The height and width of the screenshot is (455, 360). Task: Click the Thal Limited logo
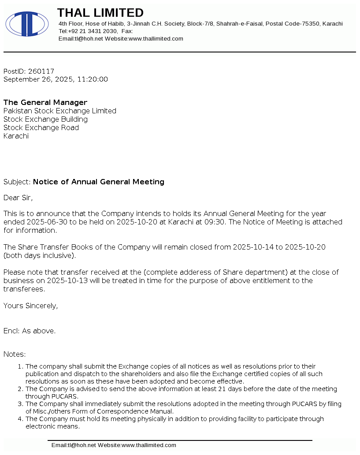click(x=27, y=24)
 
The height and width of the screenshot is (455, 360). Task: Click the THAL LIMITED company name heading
click(x=100, y=13)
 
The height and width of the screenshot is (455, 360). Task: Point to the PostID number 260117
click(x=41, y=71)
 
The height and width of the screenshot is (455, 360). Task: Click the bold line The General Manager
click(x=45, y=103)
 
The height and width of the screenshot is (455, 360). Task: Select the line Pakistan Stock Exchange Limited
click(x=60, y=111)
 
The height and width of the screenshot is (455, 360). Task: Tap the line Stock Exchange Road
click(x=41, y=128)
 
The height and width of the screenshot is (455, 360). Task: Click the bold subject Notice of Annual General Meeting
click(x=99, y=182)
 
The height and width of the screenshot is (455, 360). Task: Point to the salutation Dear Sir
click(x=18, y=198)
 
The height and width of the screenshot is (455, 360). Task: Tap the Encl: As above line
click(x=30, y=331)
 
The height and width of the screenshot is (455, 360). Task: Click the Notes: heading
click(x=15, y=354)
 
